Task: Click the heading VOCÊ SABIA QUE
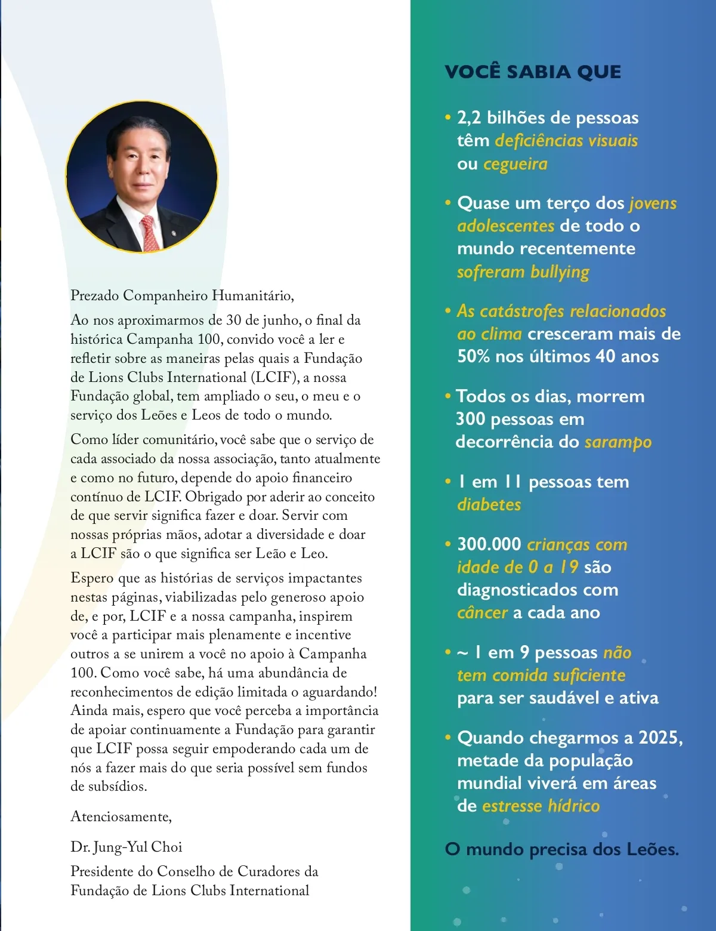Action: click(x=533, y=72)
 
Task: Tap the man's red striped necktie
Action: click(x=150, y=233)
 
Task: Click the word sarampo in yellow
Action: click(x=618, y=442)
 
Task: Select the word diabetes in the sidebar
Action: click(x=489, y=505)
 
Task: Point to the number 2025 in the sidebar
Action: click(x=660, y=738)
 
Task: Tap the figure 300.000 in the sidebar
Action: click(x=489, y=544)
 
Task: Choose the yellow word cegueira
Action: click(x=515, y=164)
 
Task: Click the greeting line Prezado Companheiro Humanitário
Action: click(x=182, y=295)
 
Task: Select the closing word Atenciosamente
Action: click(x=121, y=816)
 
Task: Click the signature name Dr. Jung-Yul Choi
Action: click(x=126, y=847)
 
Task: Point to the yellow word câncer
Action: click(x=482, y=613)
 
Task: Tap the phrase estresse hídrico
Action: click(x=541, y=806)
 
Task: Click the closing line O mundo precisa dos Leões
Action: click(x=561, y=849)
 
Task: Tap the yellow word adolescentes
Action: click(x=505, y=226)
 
